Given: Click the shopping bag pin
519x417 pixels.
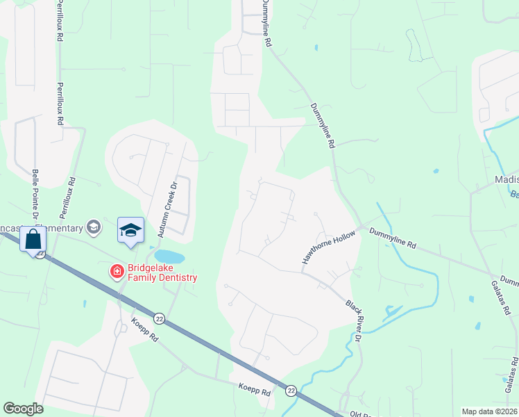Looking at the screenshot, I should coord(33,240).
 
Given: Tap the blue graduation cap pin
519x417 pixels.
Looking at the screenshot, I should coord(130,231).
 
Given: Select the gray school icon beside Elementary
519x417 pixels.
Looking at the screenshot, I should coord(92,227).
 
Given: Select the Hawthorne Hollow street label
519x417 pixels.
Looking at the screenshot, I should coord(328,247).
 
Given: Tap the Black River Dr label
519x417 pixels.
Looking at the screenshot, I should coord(354,320).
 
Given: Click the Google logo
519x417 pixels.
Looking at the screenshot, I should coord(24,409).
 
